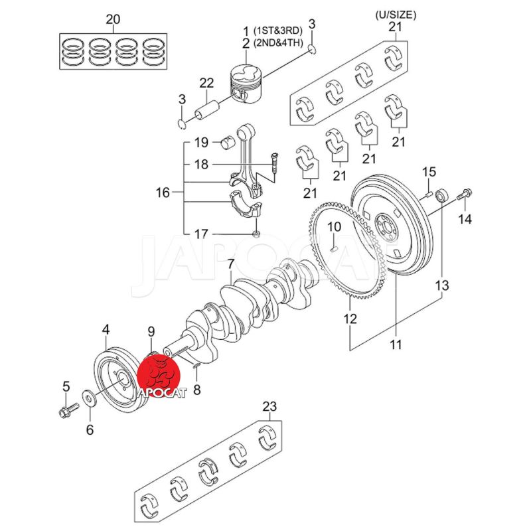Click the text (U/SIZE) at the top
tap(396, 14)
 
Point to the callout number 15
tap(429, 173)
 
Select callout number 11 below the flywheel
tap(396, 344)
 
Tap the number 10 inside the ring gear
tap(335, 227)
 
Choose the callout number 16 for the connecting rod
tap(163, 193)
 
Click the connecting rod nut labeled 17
tap(256, 234)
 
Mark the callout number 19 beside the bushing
tap(202, 143)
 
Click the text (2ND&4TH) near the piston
tap(278, 44)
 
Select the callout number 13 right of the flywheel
tap(442, 286)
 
